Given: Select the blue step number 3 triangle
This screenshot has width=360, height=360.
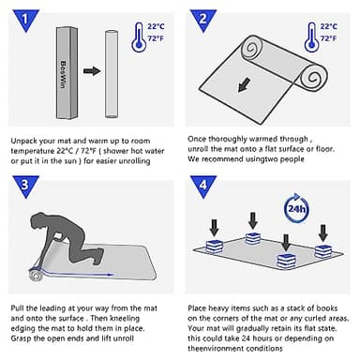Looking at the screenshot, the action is [26, 186].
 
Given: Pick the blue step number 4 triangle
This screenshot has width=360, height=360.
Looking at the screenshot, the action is [203, 186].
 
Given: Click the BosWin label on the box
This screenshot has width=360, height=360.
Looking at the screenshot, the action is [63, 74].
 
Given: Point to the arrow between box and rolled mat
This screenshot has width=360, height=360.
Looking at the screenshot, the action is [92, 71].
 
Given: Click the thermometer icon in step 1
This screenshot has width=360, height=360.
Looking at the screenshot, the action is [139, 37].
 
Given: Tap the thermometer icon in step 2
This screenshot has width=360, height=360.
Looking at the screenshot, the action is [311, 37].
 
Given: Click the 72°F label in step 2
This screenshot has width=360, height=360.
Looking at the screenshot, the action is [328, 38].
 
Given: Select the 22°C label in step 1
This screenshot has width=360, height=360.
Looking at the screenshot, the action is [156, 26].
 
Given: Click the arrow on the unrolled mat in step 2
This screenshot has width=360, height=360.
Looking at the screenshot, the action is [245, 84].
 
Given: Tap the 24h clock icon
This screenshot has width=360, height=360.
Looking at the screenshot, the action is [296, 208].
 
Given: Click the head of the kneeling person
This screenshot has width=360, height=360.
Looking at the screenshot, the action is [38, 220].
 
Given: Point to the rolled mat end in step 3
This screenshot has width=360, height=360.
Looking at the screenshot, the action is [36, 275].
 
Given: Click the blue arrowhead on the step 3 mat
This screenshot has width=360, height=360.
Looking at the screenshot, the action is [110, 275].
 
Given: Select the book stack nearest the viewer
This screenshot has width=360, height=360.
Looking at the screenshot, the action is [286, 261].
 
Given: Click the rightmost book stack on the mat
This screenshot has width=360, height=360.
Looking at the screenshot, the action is [323, 251].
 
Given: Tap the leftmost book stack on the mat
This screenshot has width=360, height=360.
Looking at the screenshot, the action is [215, 247].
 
